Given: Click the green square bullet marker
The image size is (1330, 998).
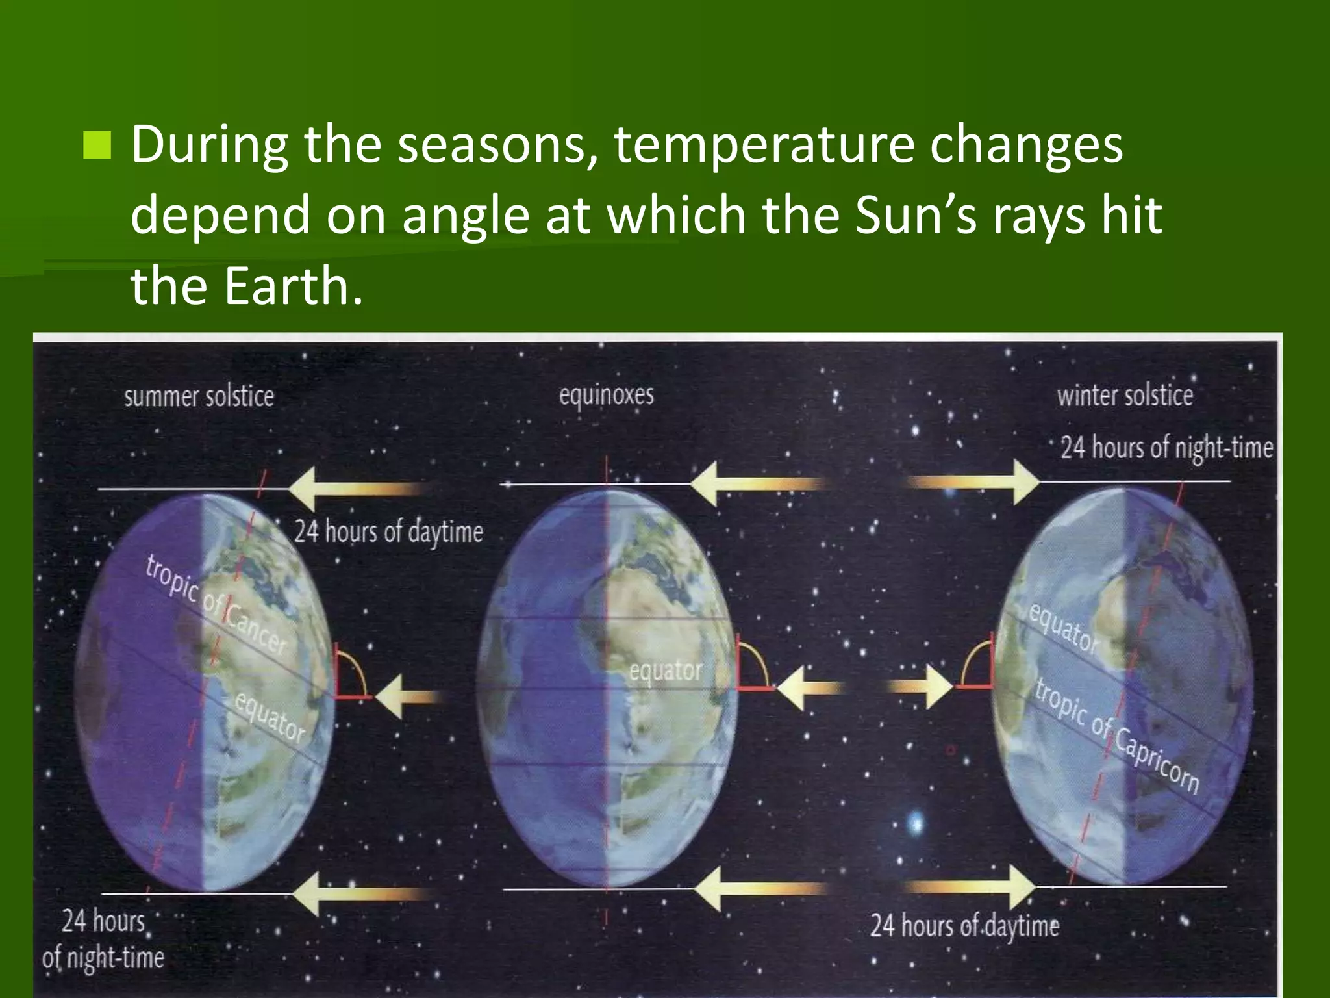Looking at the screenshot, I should [x=97, y=145].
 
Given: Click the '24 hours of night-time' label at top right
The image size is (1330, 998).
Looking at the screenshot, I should [x=1166, y=448].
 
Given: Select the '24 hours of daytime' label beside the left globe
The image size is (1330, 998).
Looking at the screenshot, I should [x=388, y=532].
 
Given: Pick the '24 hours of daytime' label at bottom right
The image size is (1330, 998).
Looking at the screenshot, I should [x=964, y=925].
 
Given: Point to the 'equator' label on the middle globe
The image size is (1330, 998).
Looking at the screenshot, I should [x=666, y=671].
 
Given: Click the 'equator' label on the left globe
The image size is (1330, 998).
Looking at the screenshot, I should [x=269, y=717].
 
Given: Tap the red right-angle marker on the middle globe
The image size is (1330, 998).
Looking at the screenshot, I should [x=747, y=669].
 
